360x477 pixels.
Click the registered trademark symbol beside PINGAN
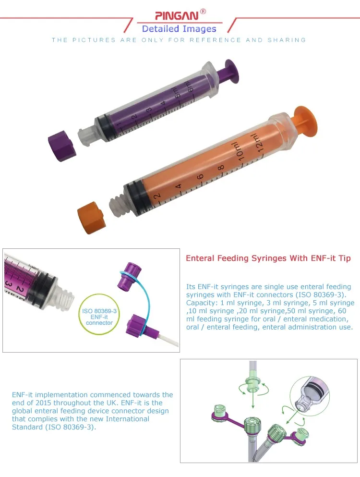(x=203, y=11)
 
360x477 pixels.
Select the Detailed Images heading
(x=179, y=29)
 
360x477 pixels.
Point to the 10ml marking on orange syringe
(x=238, y=152)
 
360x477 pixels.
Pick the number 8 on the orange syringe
(x=220, y=168)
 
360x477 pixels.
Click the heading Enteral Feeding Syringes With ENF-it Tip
(x=268, y=258)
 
